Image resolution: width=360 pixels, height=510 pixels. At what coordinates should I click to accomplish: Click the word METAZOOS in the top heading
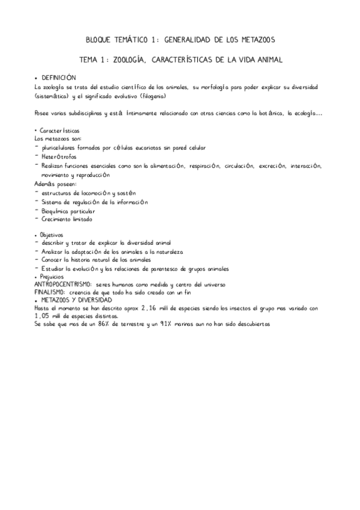[x=253, y=40]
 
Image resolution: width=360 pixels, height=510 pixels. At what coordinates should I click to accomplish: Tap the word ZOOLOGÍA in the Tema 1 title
[x=130, y=60]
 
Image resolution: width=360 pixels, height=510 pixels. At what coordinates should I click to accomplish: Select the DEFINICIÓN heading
[x=59, y=78]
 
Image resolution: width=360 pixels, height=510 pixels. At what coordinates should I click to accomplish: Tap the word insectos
[x=253, y=307]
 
